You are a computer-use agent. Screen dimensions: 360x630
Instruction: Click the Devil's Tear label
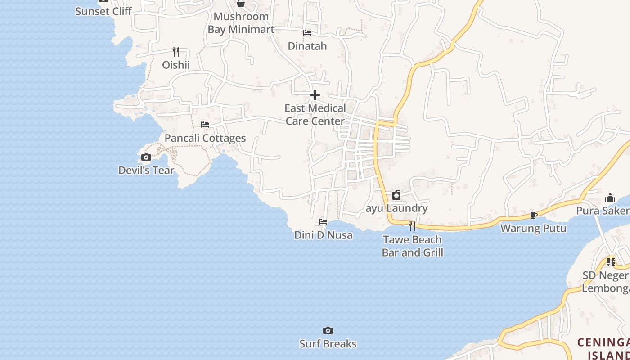pos(146,171)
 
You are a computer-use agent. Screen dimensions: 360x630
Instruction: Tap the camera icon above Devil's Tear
pos(146,157)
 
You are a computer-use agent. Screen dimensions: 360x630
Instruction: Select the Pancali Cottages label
pos(205,138)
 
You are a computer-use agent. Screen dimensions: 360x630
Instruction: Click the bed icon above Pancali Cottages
pos(205,124)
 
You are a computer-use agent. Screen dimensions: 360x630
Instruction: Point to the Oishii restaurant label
pos(176,65)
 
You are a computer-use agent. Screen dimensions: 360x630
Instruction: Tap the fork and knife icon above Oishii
pos(176,52)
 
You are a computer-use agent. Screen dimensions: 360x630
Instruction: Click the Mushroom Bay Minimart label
pos(241,23)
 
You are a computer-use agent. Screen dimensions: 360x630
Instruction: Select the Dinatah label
pos(307,46)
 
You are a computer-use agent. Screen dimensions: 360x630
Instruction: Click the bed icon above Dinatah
pos(307,32)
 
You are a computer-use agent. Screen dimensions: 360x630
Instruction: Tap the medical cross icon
pos(315,95)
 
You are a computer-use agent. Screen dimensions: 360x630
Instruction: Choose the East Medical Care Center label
pos(315,115)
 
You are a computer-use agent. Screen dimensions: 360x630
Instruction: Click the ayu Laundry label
pos(396,208)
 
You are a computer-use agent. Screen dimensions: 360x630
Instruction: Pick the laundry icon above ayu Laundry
pos(396,195)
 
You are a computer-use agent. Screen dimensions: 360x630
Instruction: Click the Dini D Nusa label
pos(324,235)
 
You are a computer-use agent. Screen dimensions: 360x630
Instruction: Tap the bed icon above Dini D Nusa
pos(323,221)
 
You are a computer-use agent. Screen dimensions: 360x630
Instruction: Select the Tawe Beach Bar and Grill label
pos(413,246)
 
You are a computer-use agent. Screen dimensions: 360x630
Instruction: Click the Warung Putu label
pos(533,229)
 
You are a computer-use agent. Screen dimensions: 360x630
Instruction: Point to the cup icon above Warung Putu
pos(534,215)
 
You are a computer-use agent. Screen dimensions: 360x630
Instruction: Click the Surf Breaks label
pos(328,344)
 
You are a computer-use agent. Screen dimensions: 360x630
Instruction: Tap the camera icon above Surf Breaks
pos(328,331)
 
